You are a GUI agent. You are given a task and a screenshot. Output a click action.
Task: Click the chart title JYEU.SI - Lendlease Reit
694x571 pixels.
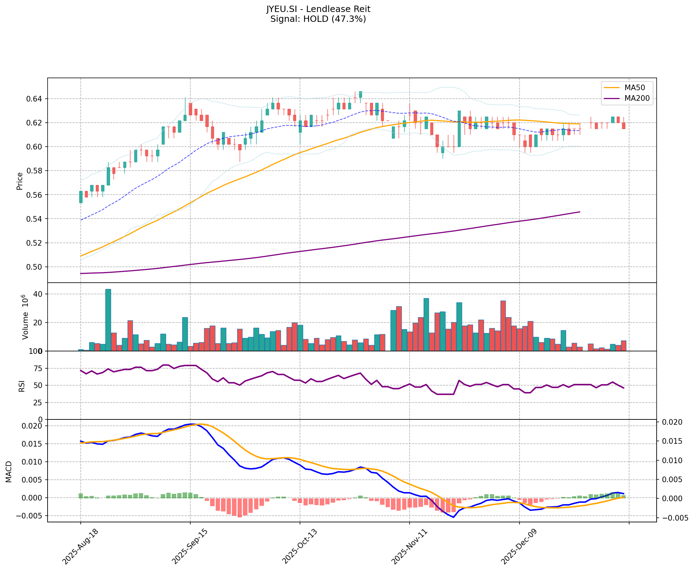click(x=318, y=9)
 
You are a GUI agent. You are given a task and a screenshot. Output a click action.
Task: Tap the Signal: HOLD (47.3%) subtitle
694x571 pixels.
click(x=318, y=19)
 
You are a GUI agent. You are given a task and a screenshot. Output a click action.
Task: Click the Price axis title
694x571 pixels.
click(x=20, y=181)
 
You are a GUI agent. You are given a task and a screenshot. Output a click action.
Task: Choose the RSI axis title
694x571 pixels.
click(x=22, y=386)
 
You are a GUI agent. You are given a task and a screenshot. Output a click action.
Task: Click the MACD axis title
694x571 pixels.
click(x=9, y=472)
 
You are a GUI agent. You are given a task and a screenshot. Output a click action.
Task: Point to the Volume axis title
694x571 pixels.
click(x=25, y=317)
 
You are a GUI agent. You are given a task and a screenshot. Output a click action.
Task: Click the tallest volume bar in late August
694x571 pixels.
click(x=108, y=320)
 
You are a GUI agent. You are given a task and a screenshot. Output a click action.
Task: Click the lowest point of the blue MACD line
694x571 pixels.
click(x=454, y=517)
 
